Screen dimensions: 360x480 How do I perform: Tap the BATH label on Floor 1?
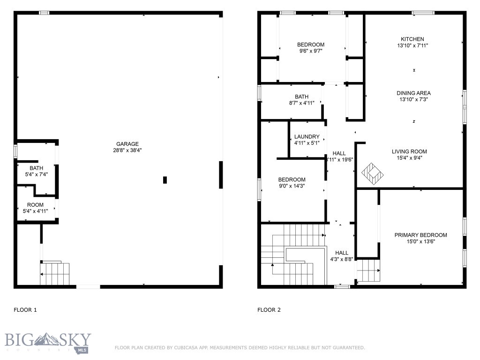tap(36, 168)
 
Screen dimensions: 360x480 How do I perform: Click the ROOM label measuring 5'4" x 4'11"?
tap(35, 205)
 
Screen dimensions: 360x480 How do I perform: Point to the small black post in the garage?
tap(165, 180)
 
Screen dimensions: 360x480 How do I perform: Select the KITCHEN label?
tap(412, 39)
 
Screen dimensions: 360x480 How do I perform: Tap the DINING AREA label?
tap(413, 93)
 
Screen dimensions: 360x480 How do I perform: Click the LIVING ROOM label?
tap(409, 151)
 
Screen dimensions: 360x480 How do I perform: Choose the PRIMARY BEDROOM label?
tap(420, 235)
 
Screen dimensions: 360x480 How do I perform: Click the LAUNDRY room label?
tap(307, 137)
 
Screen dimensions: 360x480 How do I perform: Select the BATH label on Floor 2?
tap(301, 97)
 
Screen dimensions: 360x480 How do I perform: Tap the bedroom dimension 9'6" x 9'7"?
tap(310, 51)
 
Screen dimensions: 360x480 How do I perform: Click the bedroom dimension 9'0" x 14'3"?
tap(292, 186)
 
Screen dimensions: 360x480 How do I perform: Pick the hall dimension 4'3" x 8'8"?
tap(342, 259)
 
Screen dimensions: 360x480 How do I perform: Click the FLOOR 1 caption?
tap(25, 310)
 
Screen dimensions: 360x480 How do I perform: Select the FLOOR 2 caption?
tap(269, 310)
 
